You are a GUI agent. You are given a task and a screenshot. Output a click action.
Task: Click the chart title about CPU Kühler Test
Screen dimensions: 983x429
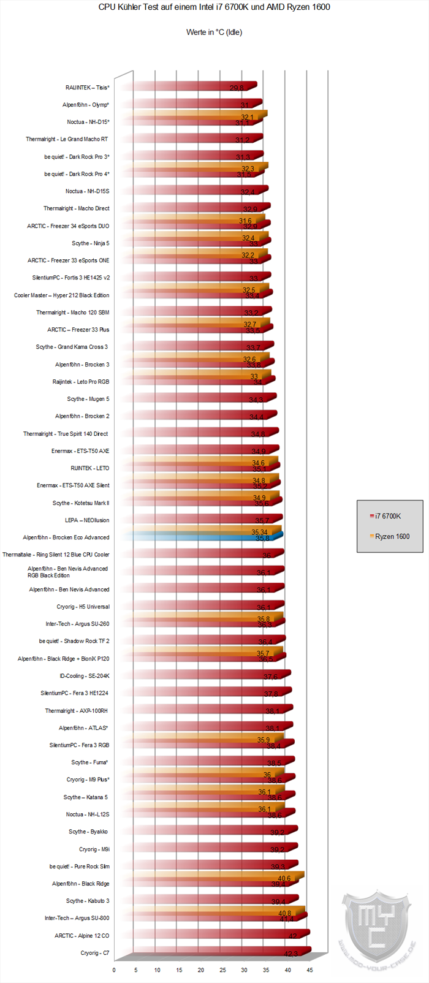(x=214, y=7)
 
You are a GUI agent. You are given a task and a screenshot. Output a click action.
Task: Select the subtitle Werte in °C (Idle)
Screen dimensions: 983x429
(x=214, y=32)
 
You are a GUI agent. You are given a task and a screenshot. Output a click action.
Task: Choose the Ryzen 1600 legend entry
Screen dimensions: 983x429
(x=392, y=536)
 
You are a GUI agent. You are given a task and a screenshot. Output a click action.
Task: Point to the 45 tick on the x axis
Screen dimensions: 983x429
(x=309, y=970)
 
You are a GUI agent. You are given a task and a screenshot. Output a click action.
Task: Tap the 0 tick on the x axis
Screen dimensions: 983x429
(x=114, y=970)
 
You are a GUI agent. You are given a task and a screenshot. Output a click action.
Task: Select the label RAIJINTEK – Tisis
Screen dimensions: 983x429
(x=87, y=88)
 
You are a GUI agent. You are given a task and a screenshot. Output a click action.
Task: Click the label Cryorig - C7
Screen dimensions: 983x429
(x=95, y=953)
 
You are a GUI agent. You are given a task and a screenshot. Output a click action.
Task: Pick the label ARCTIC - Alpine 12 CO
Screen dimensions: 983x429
(x=82, y=936)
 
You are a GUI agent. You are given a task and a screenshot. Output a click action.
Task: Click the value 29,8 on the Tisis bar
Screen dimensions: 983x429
(x=237, y=88)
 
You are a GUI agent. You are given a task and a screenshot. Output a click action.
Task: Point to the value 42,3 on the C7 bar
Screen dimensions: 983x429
(x=291, y=954)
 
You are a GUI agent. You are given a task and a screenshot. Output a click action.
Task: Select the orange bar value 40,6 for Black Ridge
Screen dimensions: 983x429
(x=284, y=878)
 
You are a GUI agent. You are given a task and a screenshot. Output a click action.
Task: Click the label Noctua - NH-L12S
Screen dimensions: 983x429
(x=88, y=814)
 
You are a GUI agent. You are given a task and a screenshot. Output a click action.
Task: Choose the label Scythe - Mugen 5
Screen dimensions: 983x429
(x=88, y=399)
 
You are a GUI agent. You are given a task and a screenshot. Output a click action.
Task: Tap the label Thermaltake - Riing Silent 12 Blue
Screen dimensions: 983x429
(x=56, y=555)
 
